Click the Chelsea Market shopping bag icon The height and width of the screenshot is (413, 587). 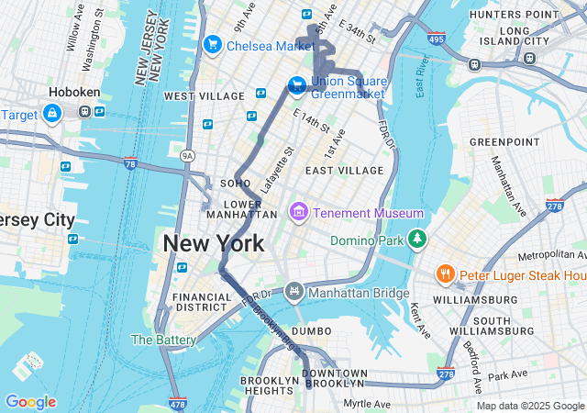[213, 44]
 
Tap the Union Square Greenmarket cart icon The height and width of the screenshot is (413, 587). [297, 85]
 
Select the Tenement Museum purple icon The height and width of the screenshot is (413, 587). [297, 213]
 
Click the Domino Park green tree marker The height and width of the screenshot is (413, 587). [417, 239]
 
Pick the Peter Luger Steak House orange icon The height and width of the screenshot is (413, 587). [445, 274]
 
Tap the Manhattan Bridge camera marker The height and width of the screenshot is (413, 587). [293, 292]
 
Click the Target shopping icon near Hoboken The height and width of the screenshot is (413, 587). [51, 113]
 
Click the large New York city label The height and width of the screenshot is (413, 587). [214, 244]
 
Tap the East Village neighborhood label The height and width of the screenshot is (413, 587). [344, 171]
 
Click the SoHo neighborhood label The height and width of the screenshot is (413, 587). [236, 184]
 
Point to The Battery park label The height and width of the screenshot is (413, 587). [163, 340]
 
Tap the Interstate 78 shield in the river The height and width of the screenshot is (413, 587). [129, 163]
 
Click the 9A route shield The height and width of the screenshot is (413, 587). [187, 156]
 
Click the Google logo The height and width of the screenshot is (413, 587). [30, 402]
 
